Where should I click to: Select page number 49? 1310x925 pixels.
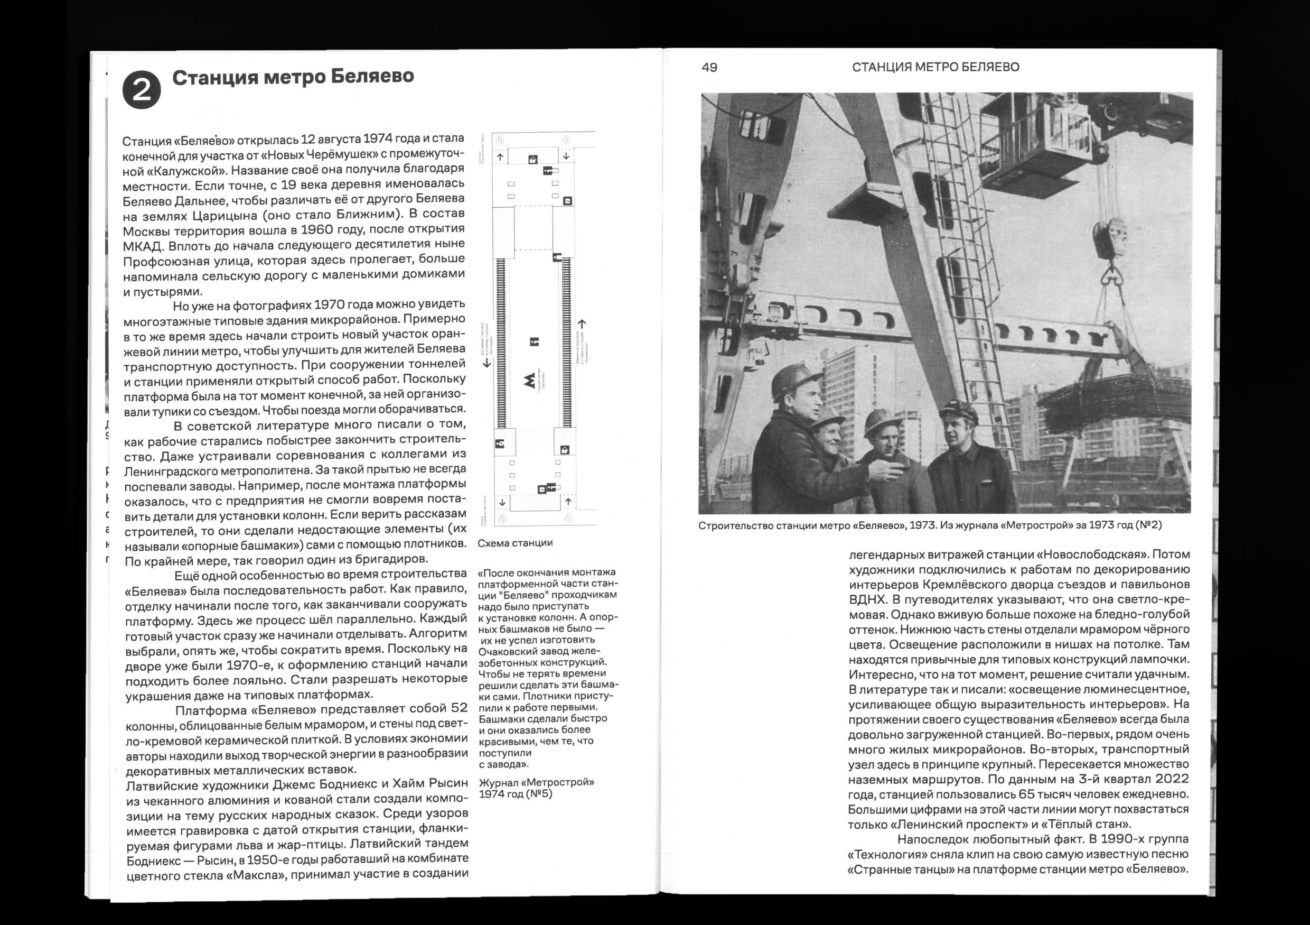(709, 67)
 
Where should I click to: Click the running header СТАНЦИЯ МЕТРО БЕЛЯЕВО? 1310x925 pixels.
(935, 67)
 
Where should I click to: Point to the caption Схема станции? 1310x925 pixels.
(514, 543)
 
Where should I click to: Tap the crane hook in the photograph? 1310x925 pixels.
(1112, 278)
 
